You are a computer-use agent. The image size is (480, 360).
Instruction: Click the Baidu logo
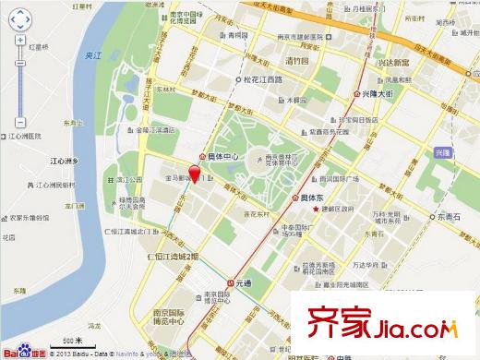pos(23,352)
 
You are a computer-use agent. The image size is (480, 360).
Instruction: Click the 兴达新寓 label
pos(395,63)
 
